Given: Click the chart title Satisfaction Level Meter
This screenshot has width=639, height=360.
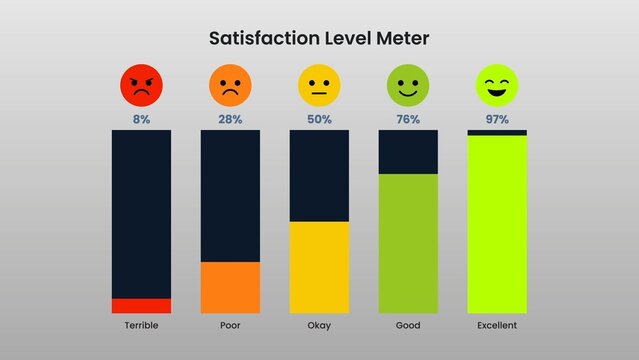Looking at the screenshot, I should (319, 39).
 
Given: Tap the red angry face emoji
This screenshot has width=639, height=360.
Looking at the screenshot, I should (141, 86).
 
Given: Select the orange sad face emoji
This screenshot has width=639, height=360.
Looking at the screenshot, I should (230, 86).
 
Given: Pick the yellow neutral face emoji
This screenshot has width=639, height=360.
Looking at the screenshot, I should (319, 86).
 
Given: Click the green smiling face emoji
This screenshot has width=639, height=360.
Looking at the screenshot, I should (408, 86).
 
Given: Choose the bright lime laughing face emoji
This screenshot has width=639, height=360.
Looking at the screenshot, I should (497, 86).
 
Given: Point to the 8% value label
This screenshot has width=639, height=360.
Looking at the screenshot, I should (141, 120).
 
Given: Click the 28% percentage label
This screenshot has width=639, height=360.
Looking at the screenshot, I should (230, 120).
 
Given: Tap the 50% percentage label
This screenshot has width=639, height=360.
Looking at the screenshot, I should (319, 120).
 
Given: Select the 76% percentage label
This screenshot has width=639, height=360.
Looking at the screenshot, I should (408, 120).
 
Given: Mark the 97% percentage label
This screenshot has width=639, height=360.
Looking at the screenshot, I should (497, 120).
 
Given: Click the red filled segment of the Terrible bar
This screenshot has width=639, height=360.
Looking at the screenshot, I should (141, 306).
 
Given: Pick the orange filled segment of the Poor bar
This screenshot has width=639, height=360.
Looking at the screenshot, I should (230, 288).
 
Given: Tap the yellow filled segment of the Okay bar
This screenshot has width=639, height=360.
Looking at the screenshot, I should (319, 268).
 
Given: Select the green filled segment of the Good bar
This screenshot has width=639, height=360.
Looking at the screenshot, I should (408, 244).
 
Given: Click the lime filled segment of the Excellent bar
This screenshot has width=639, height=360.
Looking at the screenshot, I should (497, 224).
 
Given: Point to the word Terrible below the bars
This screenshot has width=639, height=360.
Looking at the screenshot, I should (141, 326).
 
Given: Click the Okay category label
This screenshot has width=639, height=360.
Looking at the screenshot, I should (319, 326).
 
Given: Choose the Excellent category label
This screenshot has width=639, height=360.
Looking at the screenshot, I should (497, 326).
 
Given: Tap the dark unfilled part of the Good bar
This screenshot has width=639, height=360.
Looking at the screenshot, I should (408, 152).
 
